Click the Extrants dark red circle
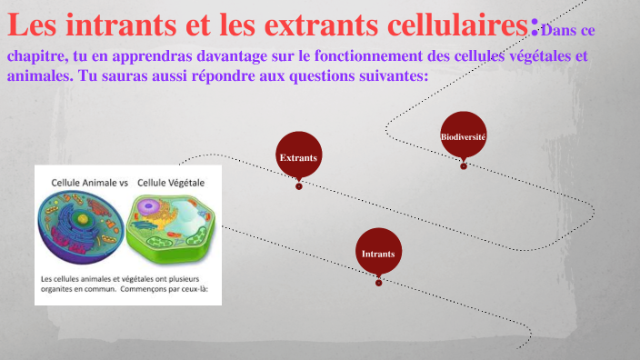click(298, 158)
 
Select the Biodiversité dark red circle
click(463, 135)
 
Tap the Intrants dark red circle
click(378, 253)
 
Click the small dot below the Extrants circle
click(298, 187)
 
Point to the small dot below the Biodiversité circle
click(464, 165)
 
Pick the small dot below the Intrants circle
click(378, 282)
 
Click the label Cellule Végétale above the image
click(171, 183)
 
